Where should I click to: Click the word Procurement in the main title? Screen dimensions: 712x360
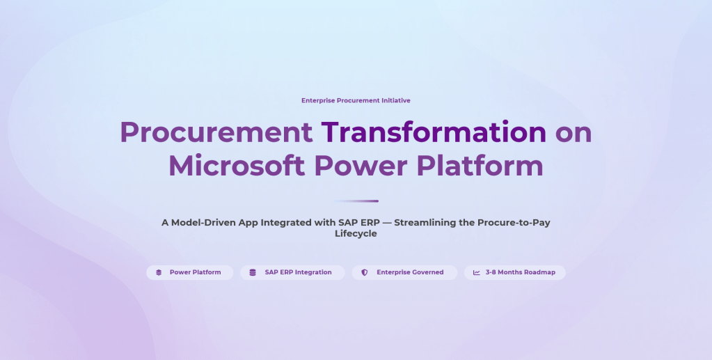click(x=216, y=132)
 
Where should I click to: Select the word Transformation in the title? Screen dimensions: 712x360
click(x=434, y=132)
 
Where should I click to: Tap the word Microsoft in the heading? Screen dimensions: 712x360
click(x=237, y=166)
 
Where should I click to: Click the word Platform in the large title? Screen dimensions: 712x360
click(x=480, y=166)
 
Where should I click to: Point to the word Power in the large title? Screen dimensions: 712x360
click(x=361, y=166)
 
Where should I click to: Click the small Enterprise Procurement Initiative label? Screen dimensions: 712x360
click(x=356, y=100)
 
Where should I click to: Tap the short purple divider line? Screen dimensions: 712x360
click(x=356, y=201)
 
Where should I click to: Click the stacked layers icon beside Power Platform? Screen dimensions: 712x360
click(x=159, y=273)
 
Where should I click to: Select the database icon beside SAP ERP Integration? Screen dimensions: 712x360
click(x=253, y=273)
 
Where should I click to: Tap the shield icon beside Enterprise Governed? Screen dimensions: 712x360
click(x=364, y=273)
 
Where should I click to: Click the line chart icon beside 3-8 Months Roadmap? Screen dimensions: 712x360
click(x=476, y=273)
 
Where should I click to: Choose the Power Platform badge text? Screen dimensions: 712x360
click(x=196, y=272)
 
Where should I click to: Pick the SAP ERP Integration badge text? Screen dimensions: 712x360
click(x=299, y=272)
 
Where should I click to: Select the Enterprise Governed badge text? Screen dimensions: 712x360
click(x=410, y=272)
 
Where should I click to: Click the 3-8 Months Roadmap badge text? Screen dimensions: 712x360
click(x=521, y=272)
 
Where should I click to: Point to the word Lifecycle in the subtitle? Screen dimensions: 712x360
click(x=356, y=234)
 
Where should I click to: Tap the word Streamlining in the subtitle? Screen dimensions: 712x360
click(x=425, y=223)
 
